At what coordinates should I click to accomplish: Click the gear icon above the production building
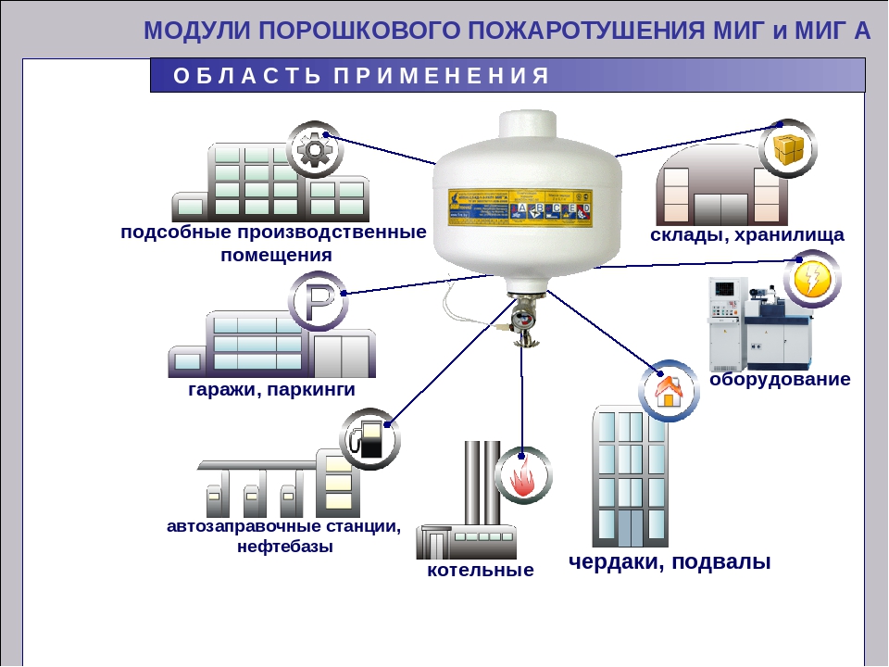pos(314,148)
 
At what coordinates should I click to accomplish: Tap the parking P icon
pos(318,301)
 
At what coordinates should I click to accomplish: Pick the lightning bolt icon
pos(812,278)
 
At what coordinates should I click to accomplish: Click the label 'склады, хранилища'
pos(746,235)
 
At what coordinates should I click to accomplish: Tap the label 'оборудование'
pos(780,379)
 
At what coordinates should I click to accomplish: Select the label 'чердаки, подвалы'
pos(670,561)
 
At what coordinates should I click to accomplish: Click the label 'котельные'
pos(481,571)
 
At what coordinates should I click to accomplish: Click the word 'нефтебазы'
pos(284,547)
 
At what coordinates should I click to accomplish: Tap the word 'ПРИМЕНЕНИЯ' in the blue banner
pos(435,76)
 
